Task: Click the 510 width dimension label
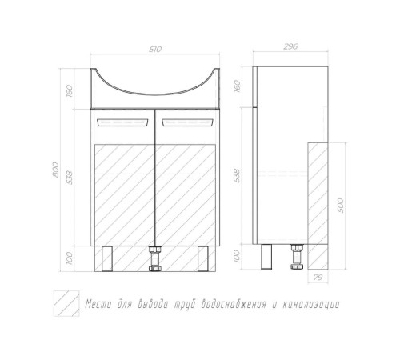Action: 155,50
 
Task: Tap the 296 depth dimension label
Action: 290,46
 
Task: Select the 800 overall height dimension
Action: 56,170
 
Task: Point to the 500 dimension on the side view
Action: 341,206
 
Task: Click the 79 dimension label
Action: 318,278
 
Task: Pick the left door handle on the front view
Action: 123,122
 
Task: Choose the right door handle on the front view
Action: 187,122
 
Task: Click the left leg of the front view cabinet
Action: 107,258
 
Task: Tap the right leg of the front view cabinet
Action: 203,258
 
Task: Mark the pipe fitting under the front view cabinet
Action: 155,258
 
